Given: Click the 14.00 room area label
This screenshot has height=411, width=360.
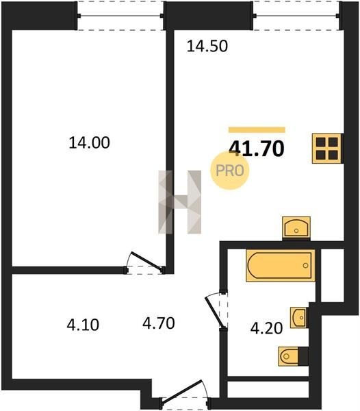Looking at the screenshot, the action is tap(89, 143).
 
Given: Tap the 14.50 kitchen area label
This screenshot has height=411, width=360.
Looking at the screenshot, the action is tap(207, 46).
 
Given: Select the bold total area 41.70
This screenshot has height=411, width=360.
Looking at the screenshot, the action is tap(257, 149).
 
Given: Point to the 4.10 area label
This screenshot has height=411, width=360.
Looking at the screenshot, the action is tap(83, 325).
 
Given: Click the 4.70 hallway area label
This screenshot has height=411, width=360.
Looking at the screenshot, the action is tap(159, 323).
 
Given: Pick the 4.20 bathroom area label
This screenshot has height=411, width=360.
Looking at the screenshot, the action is tap(266, 328).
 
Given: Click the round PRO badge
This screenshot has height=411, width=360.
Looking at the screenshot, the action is tap(230, 171).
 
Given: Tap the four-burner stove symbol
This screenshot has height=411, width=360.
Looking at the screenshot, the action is tap(326, 149).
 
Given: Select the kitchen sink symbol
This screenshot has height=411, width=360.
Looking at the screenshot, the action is tap(296, 227).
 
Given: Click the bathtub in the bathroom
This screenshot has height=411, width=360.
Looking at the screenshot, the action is tap(281, 266).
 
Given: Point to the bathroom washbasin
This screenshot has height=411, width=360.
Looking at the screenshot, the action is tap(298, 318).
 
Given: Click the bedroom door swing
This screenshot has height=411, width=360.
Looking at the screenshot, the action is tap(145, 262).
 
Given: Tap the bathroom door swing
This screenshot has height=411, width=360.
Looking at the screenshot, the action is tap(216, 310).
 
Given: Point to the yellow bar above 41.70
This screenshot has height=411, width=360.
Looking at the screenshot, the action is tap(257, 129).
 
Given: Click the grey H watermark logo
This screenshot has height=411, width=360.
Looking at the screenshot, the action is tap(180, 202).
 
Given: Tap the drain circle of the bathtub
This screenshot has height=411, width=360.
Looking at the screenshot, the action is tap(305, 266).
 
